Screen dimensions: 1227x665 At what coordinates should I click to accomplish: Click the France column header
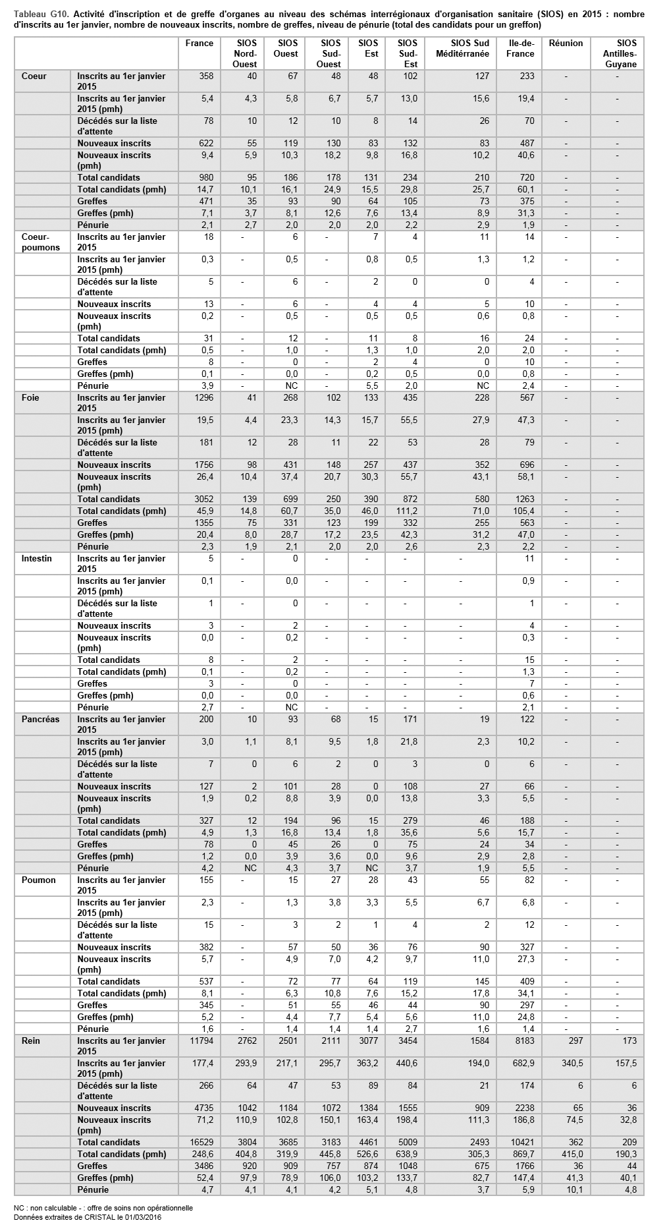pos(199,43)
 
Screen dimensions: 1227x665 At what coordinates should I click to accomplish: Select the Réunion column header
pos(566,43)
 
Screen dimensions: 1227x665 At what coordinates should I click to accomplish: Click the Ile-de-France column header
pos(520,48)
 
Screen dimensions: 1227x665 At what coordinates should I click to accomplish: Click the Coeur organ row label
pos(34,76)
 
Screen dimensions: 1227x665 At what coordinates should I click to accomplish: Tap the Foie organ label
pos(30,398)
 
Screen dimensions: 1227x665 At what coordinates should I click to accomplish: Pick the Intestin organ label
pos(37,559)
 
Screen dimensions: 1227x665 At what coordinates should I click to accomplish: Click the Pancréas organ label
pos(40,720)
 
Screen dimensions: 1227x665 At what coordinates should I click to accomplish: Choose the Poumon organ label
pos(39,880)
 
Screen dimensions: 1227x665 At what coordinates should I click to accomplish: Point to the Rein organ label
pos(31,1041)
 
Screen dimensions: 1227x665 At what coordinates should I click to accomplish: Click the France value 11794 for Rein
pos(200,1041)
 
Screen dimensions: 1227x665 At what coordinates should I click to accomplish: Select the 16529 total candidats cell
pos(200,1142)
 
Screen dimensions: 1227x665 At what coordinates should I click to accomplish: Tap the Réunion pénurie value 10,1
pos(574,1189)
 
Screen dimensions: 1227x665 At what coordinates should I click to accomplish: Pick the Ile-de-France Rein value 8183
pos(521,1041)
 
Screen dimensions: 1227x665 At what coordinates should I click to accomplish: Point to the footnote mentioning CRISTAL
pos(88,1216)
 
